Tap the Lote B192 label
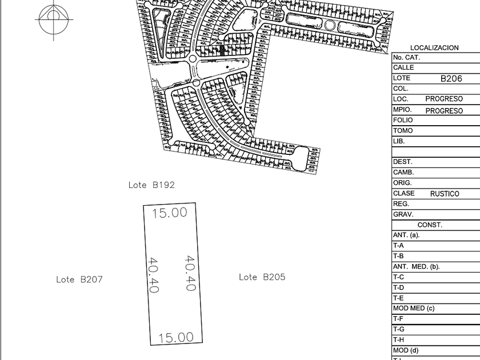[151, 185]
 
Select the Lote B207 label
[79, 279]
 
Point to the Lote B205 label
[262, 277]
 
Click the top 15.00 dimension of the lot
[170, 213]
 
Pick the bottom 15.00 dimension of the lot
[176, 337]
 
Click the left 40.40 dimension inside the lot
[153, 275]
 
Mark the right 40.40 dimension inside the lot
[190, 273]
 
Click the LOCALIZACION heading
[434, 48]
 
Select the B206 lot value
[451, 79]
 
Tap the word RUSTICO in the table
[445, 194]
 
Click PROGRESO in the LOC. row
[444, 99]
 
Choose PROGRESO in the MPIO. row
[444, 110]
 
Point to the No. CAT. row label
[406, 58]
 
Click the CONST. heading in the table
[430, 225]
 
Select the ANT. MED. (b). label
[416, 267]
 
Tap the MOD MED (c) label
[414, 309]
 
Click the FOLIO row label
[402, 121]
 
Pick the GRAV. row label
[402, 215]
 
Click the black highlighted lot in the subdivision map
[222, 50]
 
